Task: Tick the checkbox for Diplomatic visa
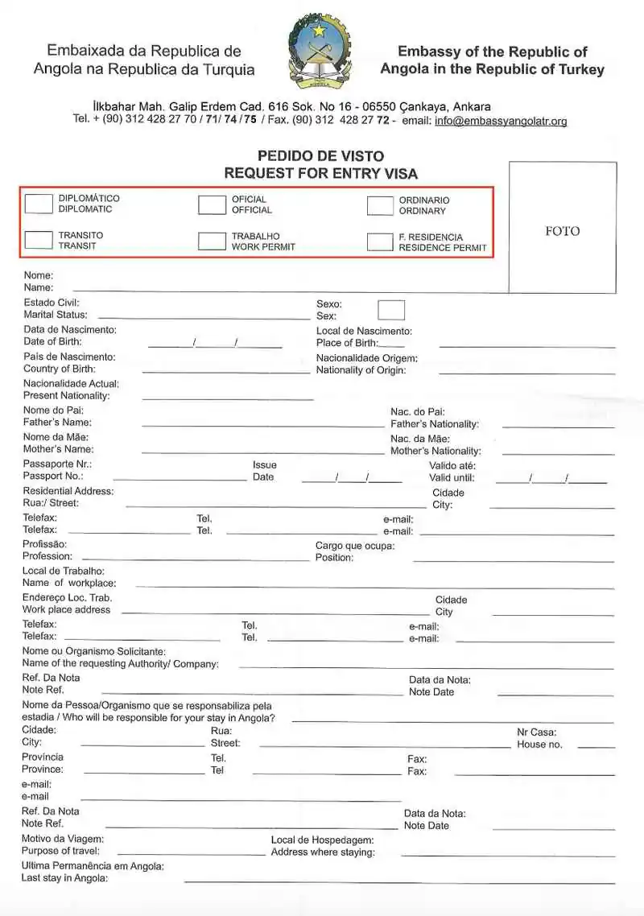(x=39, y=204)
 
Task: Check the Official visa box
(x=212, y=205)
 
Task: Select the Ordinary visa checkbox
(x=380, y=206)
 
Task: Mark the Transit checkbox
(x=39, y=239)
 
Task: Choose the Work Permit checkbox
(x=212, y=241)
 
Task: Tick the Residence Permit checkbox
(x=380, y=242)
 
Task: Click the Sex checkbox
(x=391, y=310)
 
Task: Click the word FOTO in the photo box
(x=562, y=231)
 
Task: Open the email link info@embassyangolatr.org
(x=501, y=122)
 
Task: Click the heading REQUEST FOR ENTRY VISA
(x=320, y=173)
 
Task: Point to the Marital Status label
(x=56, y=315)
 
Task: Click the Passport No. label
(x=53, y=477)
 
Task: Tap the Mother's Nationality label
(x=436, y=452)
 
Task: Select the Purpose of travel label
(x=61, y=851)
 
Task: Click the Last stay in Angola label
(x=65, y=878)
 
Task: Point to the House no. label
(x=539, y=745)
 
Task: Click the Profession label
(x=47, y=556)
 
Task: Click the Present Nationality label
(x=67, y=396)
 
